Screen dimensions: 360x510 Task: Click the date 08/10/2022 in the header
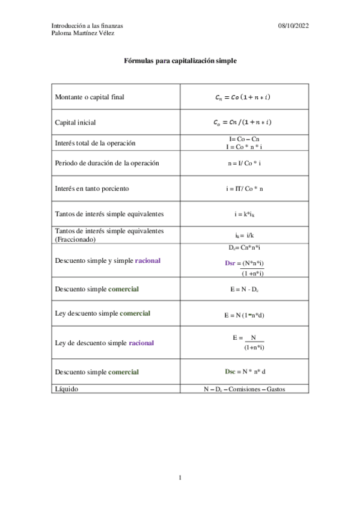point(293,26)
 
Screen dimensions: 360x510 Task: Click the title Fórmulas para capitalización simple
point(180,61)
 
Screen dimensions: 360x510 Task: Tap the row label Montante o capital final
point(90,97)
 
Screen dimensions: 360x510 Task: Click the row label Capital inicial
point(75,122)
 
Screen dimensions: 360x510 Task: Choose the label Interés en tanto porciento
point(92,188)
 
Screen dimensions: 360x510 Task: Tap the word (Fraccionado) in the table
point(75,239)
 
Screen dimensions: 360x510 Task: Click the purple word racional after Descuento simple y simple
point(148,260)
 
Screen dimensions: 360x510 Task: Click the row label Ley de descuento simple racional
point(104,343)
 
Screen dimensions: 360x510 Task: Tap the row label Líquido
point(66,389)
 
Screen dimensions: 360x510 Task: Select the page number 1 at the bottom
point(180,478)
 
